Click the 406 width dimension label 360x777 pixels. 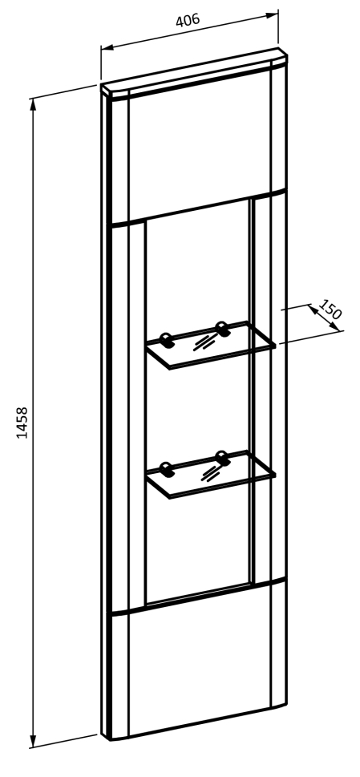[x=188, y=20]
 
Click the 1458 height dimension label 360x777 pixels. [x=22, y=423]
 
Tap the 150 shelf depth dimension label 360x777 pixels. [x=330, y=310]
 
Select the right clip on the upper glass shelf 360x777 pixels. [x=222, y=329]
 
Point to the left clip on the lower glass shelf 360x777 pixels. [x=168, y=469]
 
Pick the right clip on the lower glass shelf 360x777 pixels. [x=222, y=457]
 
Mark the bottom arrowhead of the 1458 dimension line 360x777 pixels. [x=33, y=742]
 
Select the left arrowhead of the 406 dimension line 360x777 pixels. [x=107, y=47]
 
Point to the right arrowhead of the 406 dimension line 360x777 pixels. [x=273, y=15]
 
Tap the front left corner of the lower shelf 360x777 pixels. [x=170, y=496]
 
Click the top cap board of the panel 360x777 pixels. [x=193, y=72]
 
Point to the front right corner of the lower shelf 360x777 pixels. [x=274, y=476]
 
